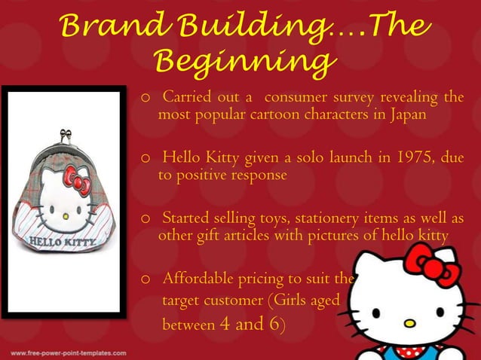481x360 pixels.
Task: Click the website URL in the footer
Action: (x=67, y=352)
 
